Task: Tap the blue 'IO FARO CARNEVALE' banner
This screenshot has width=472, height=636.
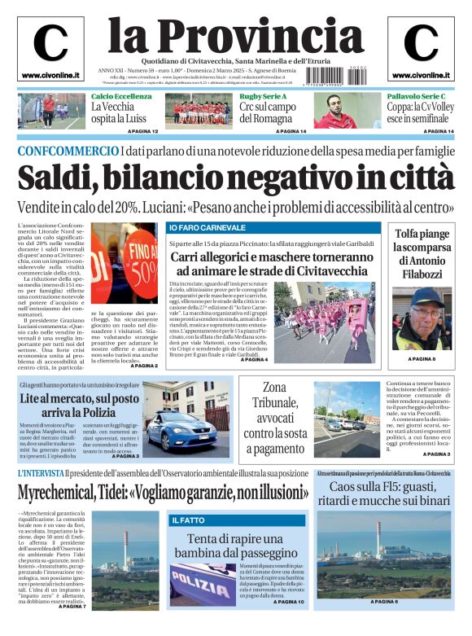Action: click(x=207, y=227)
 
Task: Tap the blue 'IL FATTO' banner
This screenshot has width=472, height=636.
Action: click(x=188, y=520)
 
